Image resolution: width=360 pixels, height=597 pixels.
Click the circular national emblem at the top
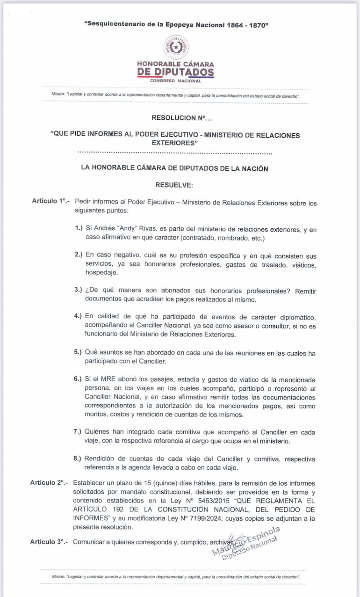[176, 47]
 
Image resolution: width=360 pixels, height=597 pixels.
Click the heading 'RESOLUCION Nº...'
[175, 118]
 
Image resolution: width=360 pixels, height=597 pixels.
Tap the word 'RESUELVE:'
[174, 185]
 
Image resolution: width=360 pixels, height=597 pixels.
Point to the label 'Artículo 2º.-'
[49, 482]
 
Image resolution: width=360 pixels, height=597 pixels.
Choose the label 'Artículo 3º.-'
[49, 542]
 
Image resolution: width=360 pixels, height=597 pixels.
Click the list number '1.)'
[79, 230]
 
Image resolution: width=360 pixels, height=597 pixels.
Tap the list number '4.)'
[78, 316]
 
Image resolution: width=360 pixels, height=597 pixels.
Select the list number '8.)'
[78, 458]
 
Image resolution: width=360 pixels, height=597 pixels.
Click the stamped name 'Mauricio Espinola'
[247, 539]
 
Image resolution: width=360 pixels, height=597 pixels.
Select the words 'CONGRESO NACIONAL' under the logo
[175, 81]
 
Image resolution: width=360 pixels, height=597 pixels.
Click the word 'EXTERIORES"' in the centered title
[175, 143]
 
